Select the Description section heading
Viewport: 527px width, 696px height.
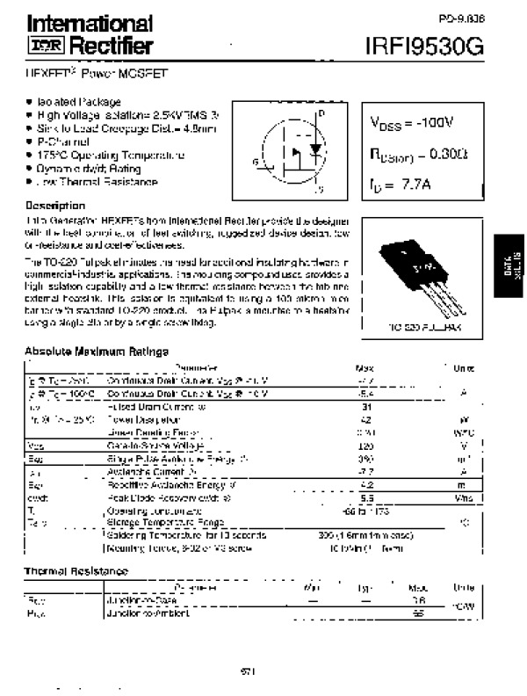pyautogui.click(x=54, y=205)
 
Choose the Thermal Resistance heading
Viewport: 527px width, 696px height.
pyautogui.click(x=76, y=571)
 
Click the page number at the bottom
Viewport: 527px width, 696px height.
pyautogui.click(x=248, y=672)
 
